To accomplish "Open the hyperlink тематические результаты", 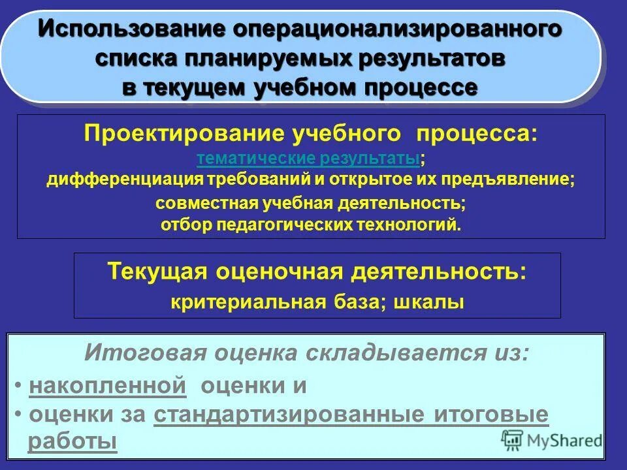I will pos(308,158).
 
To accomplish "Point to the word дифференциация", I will pos(124,180).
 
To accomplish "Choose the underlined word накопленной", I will pos(108,385).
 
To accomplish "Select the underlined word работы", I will pos(72,441).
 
